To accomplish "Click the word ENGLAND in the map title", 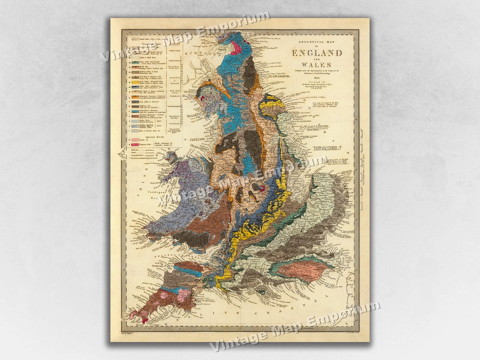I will [x=317, y=53].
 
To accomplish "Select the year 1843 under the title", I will [x=317, y=77].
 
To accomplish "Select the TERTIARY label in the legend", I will [x=174, y=51].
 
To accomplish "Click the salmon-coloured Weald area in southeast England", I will [x=302, y=270].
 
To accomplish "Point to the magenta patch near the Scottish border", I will [x=235, y=48].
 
